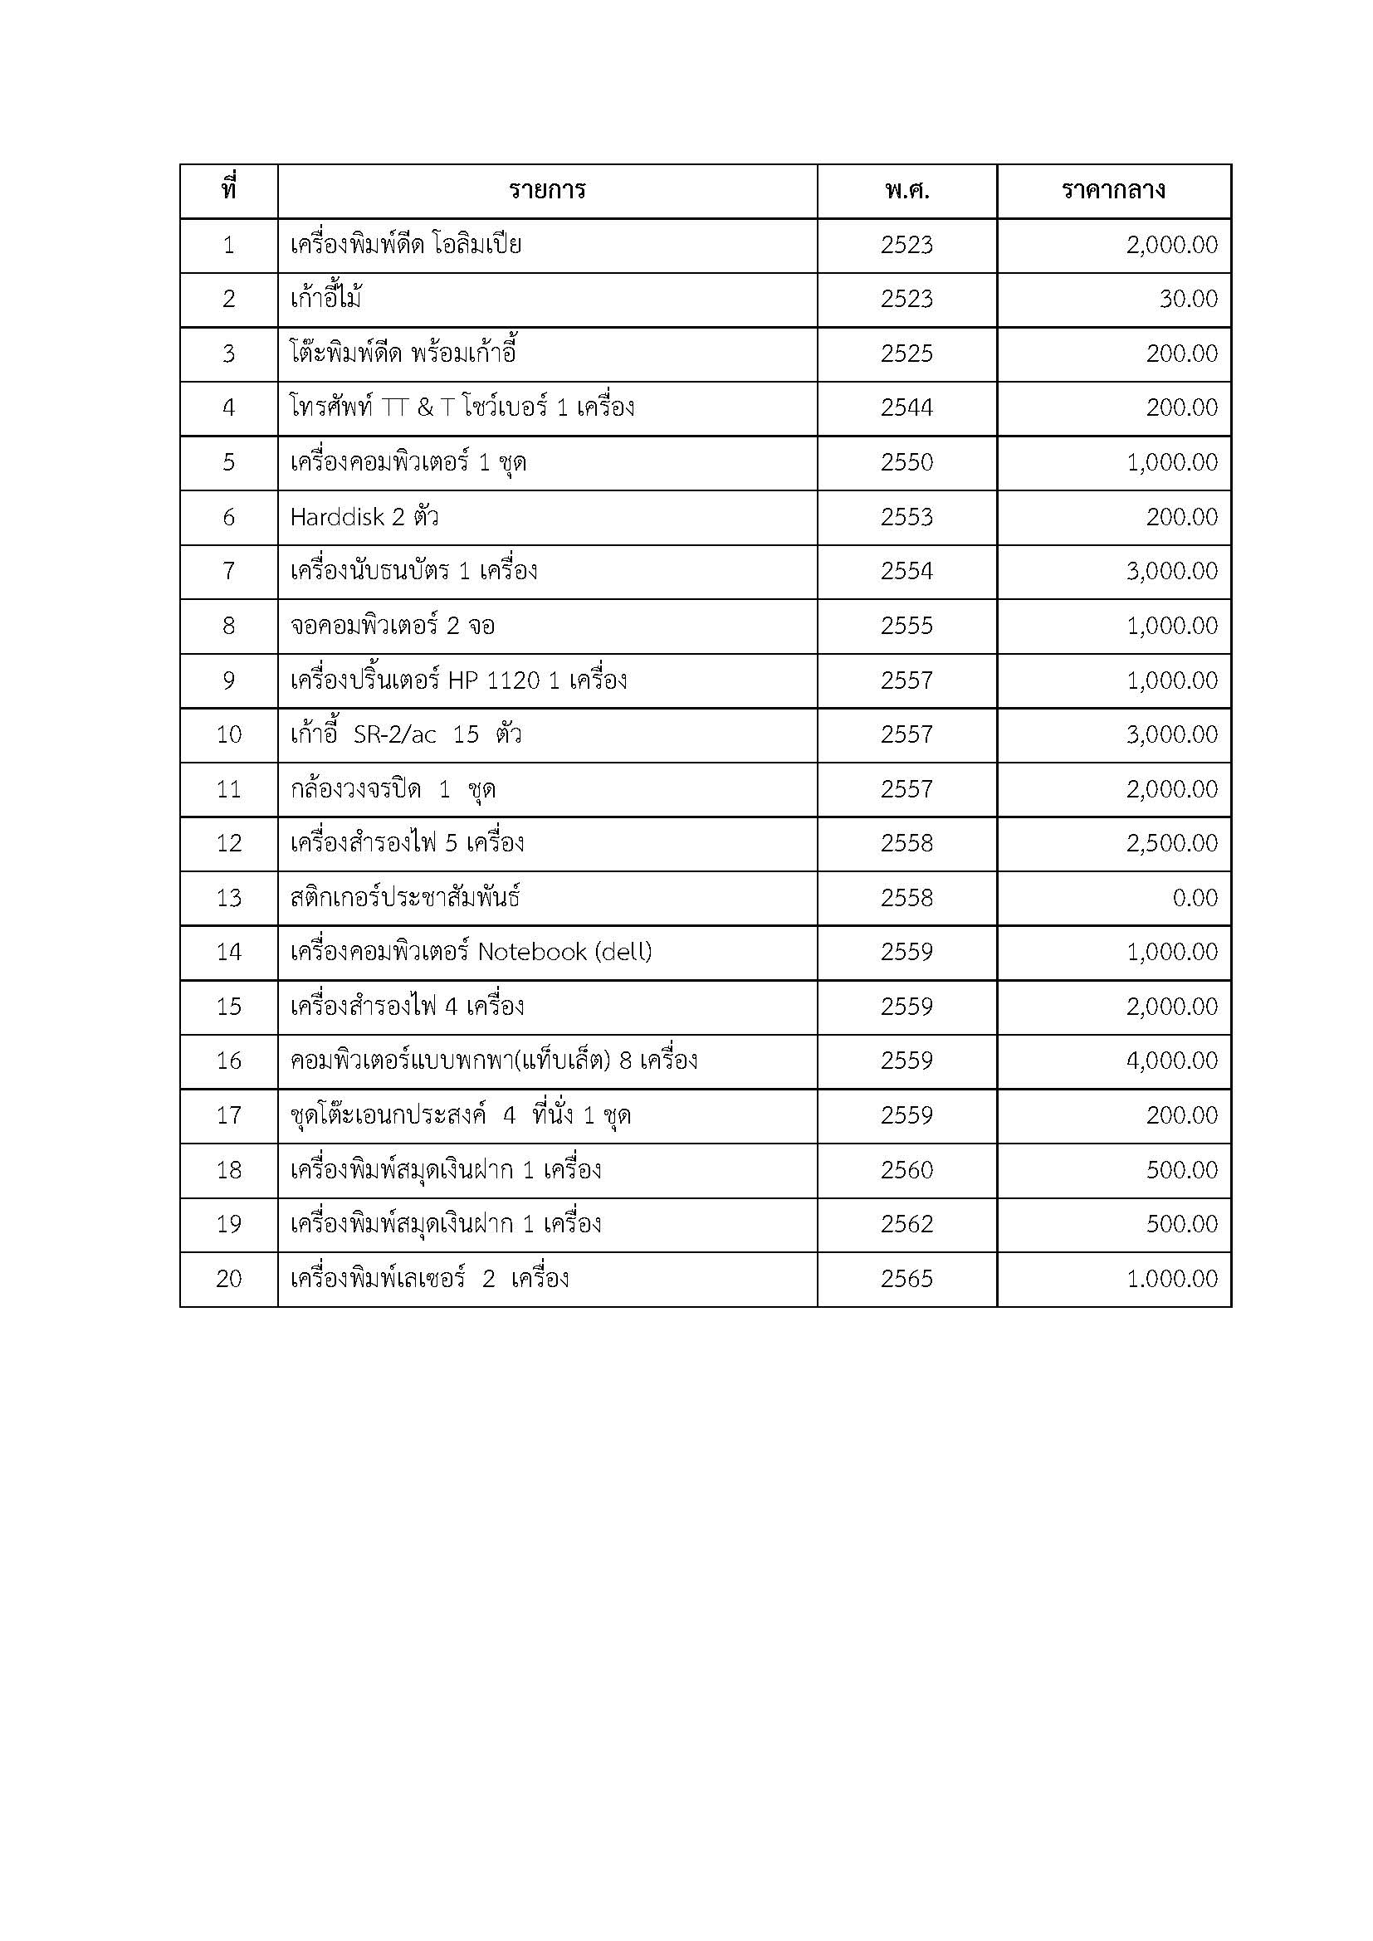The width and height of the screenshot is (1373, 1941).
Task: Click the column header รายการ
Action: coord(547,190)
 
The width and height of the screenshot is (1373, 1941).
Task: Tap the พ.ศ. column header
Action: coord(906,191)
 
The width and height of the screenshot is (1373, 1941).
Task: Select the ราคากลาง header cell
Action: coord(1112,190)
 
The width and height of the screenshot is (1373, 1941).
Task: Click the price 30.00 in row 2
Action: coord(1188,300)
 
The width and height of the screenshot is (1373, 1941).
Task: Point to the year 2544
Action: coord(906,408)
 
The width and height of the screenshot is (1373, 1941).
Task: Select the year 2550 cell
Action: coord(906,462)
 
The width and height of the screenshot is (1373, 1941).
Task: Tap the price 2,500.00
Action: coord(1172,843)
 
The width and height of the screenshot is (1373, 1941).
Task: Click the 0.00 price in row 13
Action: coord(1195,898)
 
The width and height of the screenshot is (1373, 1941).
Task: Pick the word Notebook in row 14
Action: coord(532,952)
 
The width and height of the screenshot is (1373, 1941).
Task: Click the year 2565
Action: coord(906,1278)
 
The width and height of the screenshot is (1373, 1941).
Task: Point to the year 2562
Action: coord(906,1224)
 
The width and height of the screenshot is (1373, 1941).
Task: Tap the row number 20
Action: coord(229,1278)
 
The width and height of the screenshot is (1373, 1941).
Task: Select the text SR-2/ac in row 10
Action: coord(395,734)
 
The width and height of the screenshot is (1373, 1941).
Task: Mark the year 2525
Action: coord(906,354)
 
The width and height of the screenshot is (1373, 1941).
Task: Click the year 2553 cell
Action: coord(906,517)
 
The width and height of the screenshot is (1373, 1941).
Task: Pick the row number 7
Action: coord(229,572)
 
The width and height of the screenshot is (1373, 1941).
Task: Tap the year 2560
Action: coord(906,1170)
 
